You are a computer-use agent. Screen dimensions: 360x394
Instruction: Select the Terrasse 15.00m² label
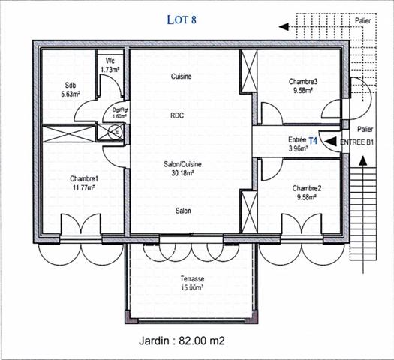(192, 282)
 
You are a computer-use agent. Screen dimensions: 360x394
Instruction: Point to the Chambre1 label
(84, 178)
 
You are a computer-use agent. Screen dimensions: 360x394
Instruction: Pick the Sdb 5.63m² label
(71, 89)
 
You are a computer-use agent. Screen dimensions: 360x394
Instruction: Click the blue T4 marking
(314, 139)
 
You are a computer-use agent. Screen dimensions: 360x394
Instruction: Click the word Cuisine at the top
(181, 76)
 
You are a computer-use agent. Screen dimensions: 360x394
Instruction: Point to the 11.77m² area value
(84, 187)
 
